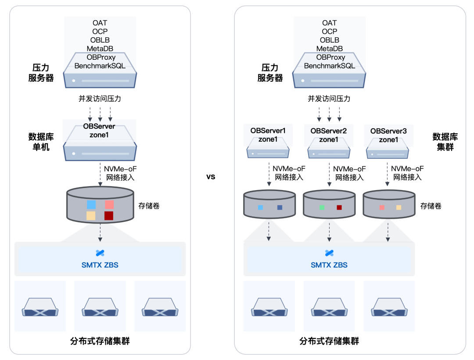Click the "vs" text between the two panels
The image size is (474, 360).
coord(211,177)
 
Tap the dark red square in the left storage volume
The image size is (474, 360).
coord(109,216)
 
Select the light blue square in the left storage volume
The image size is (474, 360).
coord(91,205)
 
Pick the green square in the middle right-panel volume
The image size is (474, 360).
coord(322,208)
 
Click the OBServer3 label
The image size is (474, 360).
coord(388,131)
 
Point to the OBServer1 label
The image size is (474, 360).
coord(268,130)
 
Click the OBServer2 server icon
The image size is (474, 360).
coord(329,148)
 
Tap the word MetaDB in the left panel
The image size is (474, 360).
coord(100,49)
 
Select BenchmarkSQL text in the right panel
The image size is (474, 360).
coord(330,66)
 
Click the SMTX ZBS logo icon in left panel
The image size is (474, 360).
coord(100,253)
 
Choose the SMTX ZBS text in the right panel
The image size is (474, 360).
coord(329,265)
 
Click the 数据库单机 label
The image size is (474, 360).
coord(41,142)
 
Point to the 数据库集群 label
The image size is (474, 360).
coord(445,142)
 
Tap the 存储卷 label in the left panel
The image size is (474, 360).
coord(149,206)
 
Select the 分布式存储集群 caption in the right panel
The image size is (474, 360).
coord(329,341)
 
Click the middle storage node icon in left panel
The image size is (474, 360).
coord(100,307)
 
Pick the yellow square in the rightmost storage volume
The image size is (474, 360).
coord(399,208)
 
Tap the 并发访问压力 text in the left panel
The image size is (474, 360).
coord(100,98)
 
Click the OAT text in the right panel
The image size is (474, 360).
coord(329,23)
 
